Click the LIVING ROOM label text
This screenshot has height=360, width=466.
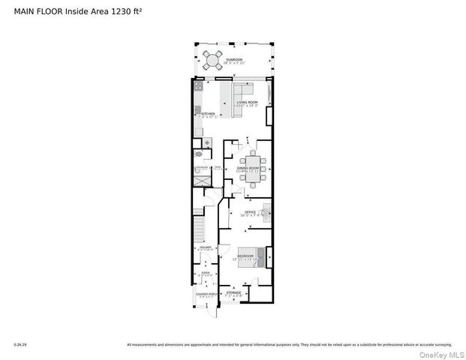tap(247, 102)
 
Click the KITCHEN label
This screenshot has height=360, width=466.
tap(208, 114)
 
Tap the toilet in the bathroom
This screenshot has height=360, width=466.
tap(197, 154)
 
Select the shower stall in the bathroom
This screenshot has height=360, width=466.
tap(203, 180)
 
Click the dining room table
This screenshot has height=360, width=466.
tap(251, 162)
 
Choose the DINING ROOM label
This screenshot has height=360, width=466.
tap(248, 168)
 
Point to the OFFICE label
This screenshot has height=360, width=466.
tap(251, 212)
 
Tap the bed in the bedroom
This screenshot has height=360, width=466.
tap(251, 256)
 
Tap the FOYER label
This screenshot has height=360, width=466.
tap(205, 274)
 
